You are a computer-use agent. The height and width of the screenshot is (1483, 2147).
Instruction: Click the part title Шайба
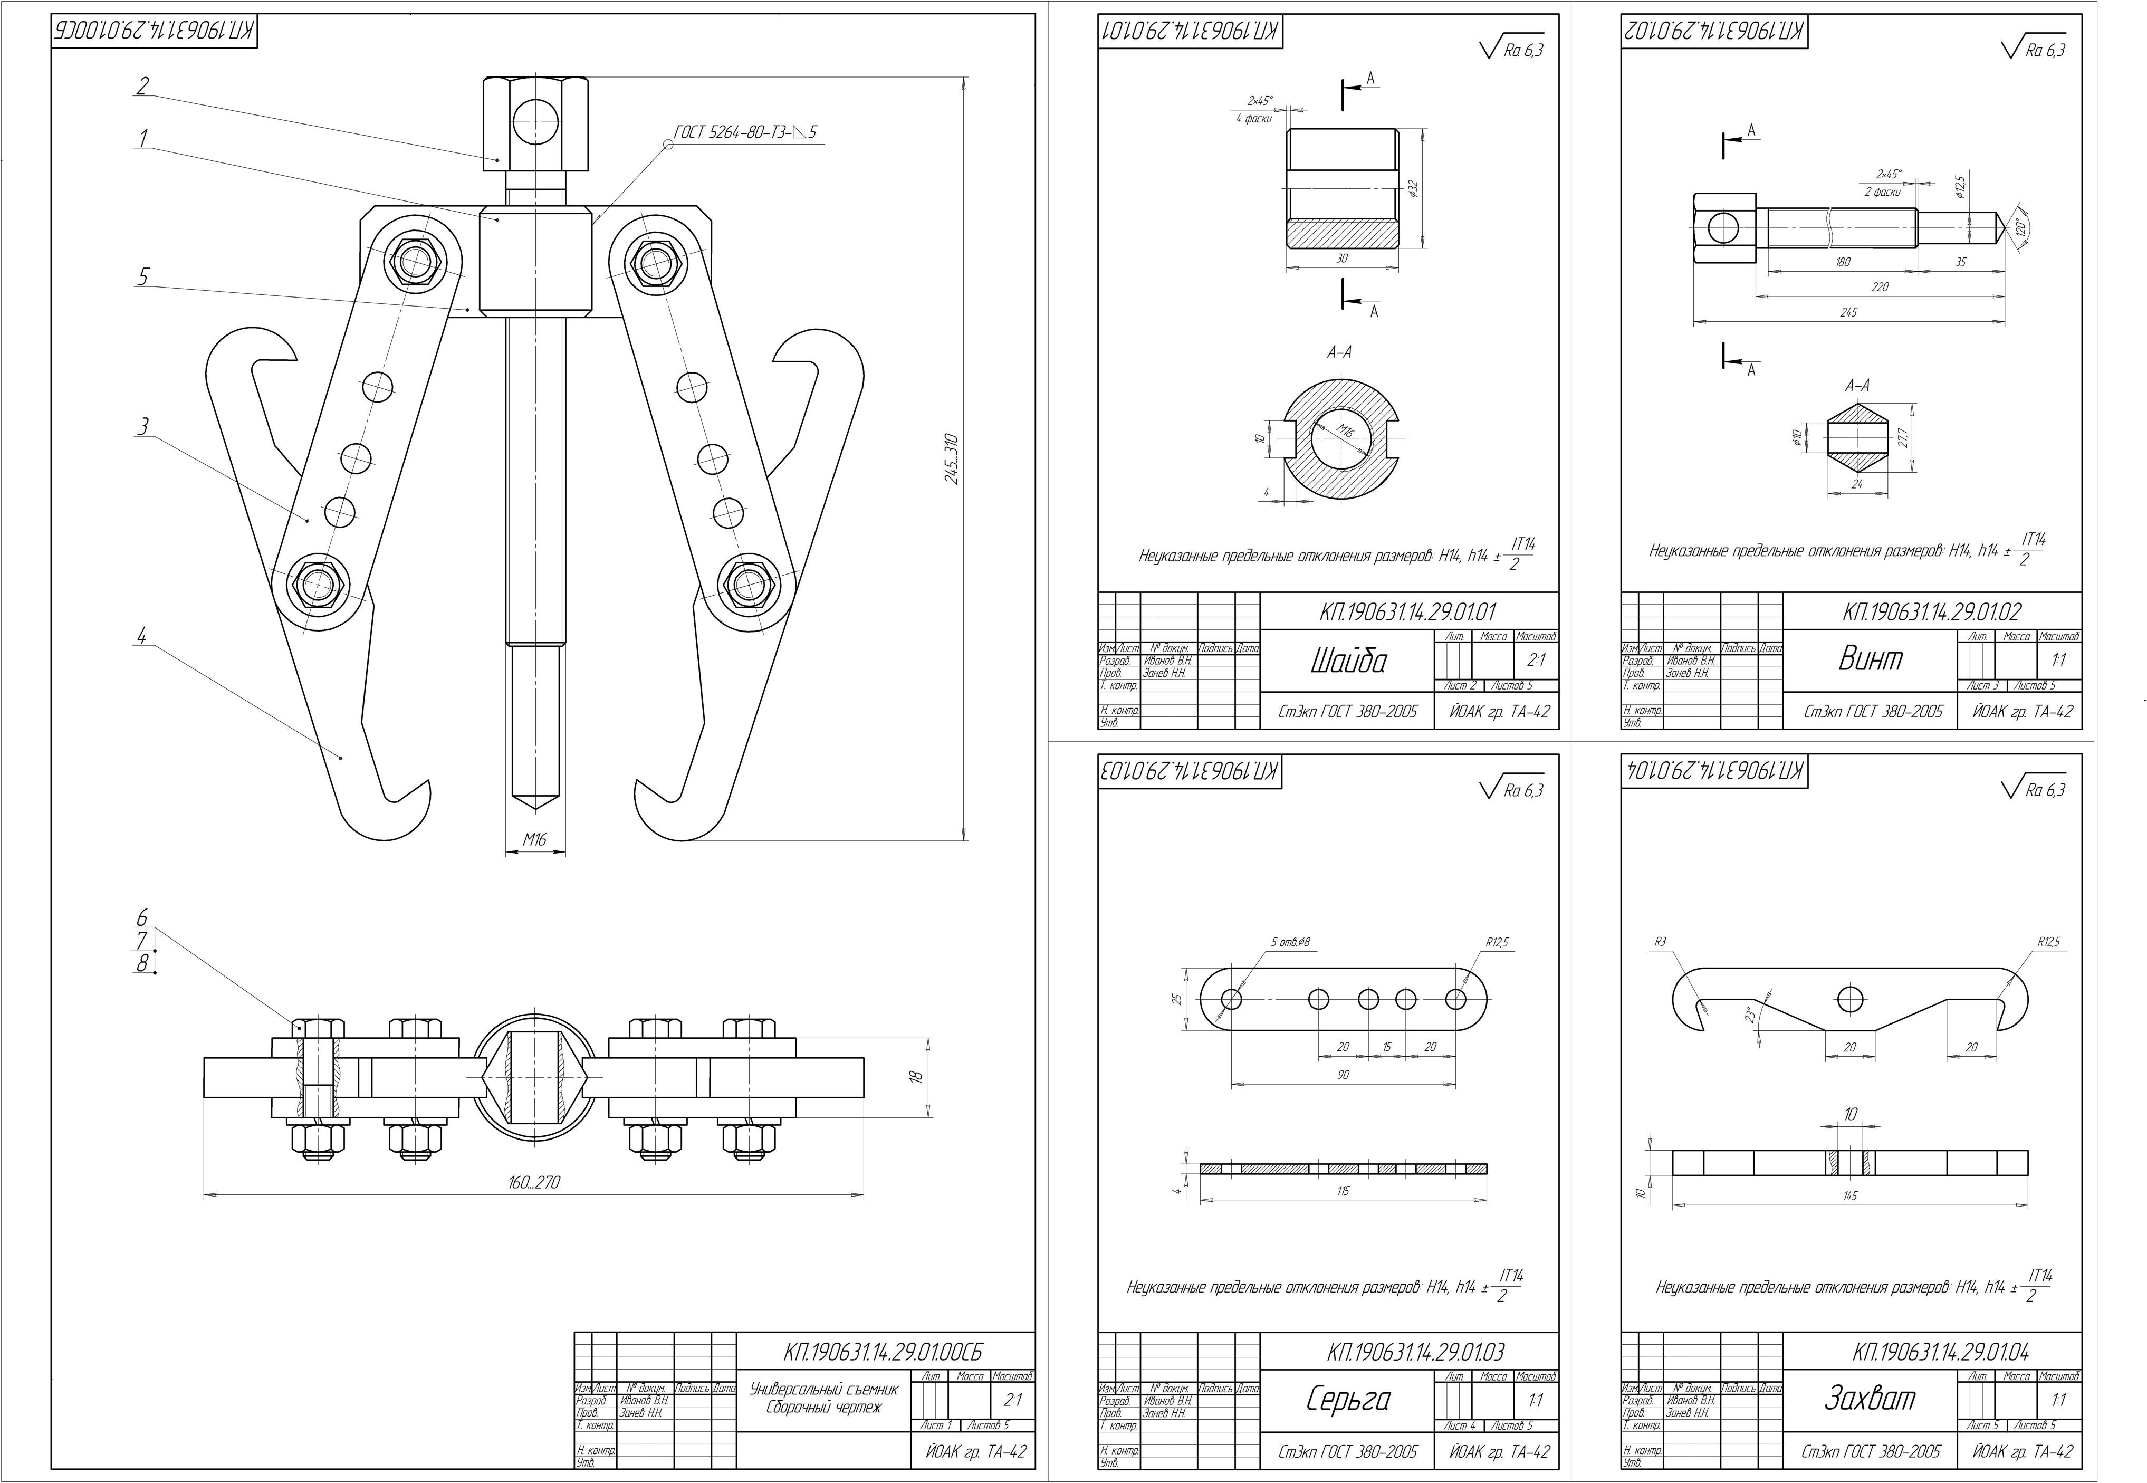coord(1348,661)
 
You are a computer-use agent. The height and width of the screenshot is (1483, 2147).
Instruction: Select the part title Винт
coord(1870,658)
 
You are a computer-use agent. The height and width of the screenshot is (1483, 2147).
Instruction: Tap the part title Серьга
coord(1347,1399)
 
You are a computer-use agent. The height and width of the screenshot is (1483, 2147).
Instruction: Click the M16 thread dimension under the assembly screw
coord(534,839)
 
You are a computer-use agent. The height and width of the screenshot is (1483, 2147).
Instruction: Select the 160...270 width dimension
coord(534,1183)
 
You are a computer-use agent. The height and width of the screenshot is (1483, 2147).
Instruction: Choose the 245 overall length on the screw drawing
coord(1848,313)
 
